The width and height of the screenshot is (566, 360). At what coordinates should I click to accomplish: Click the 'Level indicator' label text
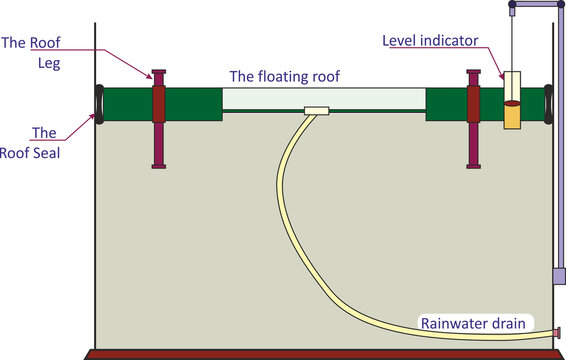[x=431, y=41]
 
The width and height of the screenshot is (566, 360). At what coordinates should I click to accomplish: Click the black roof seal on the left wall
[x=99, y=103]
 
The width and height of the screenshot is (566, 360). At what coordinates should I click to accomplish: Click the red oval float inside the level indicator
[x=512, y=103]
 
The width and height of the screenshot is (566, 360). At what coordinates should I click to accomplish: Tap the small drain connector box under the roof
[x=315, y=110]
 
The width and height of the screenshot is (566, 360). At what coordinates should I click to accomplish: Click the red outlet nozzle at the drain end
[x=556, y=331]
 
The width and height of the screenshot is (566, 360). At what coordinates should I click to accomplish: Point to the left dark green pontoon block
[x=190, y=102]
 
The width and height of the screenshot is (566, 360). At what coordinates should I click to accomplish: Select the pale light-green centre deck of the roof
[x=323, y=97]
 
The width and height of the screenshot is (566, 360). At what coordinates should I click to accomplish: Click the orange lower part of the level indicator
[x=512, y=118]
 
